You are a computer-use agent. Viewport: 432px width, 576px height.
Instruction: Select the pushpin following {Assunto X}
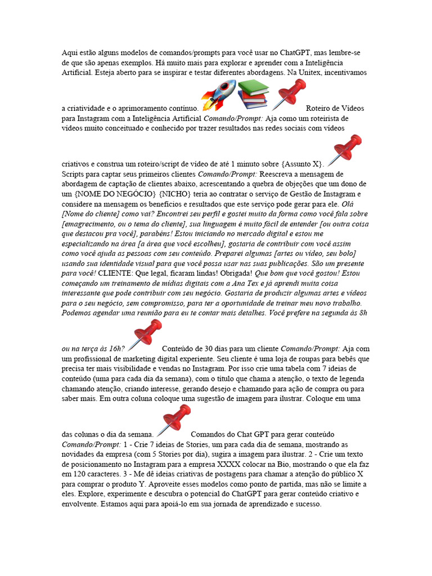pos(344,151)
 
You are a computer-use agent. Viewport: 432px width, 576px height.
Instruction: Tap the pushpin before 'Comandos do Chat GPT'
pos(173,420)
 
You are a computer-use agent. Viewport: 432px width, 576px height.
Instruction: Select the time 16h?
pos(112,348)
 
